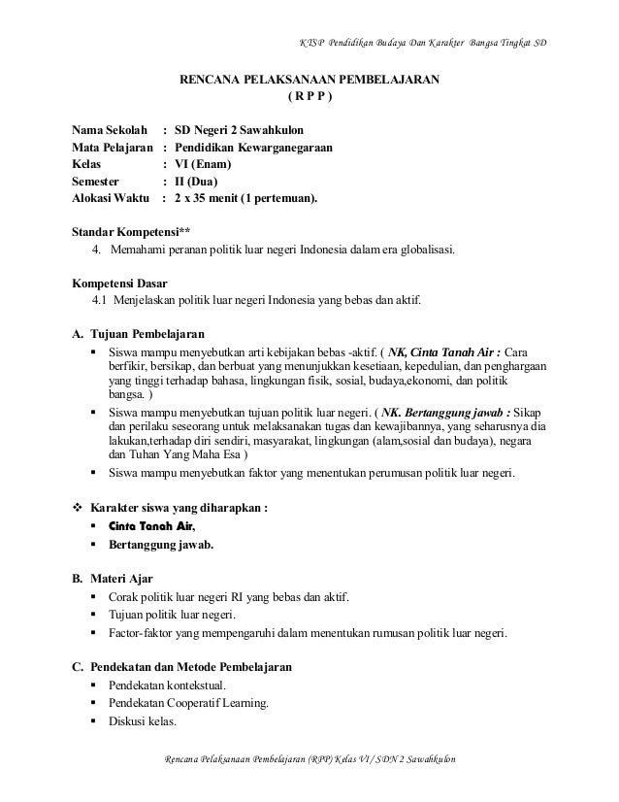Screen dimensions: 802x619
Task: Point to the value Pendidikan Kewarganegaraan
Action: point(253,147)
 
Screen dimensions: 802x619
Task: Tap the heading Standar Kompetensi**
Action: point(127,233)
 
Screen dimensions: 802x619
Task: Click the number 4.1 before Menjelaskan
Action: point(101,300)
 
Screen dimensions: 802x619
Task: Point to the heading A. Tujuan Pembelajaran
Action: point(139,334)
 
